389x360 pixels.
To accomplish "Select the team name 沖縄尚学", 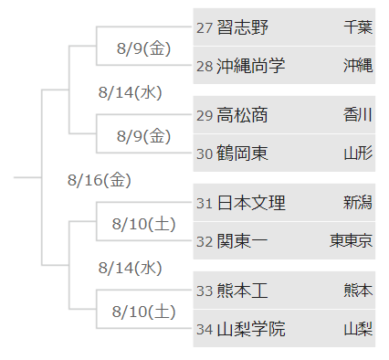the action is (251, 65).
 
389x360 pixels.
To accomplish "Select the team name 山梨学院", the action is (251, 328).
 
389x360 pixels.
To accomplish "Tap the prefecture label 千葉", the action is (357, 27).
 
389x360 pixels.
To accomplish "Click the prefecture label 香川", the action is (357, 115).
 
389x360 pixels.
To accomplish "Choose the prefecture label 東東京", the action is (351, 240).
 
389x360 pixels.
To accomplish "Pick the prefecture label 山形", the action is (357, 153).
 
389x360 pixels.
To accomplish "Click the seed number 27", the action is (205, 27).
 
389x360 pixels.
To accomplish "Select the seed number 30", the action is (205, 153).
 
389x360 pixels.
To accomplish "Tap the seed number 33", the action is (205, 291).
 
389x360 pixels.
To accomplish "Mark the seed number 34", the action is (205, 328).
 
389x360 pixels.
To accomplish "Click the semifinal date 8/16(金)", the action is (100, 179).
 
